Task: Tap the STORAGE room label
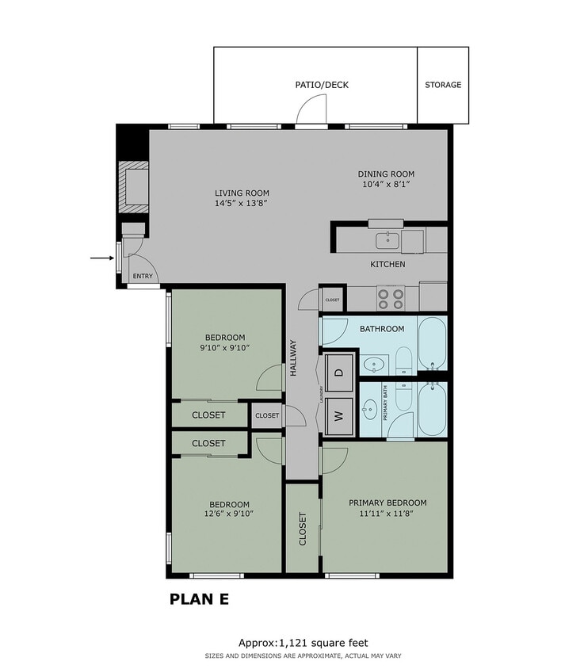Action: (x=443, y=85)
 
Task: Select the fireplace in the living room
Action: (x=132, y=187)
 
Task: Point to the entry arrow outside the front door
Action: (x=101, y=258)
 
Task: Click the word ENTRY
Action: (x=143, y=277)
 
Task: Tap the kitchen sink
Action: (x=387, y=239)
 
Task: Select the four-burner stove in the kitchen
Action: (x=390, y=297)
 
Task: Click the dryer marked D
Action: (x=338, y=373)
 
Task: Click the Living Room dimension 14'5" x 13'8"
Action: (x=242, y=204)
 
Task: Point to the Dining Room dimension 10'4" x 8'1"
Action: (x=386, y=185)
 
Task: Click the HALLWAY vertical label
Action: (x=293, y=357)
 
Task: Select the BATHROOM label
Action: (x=382, y=329)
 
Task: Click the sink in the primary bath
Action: (x=370, y=411)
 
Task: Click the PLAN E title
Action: (x=200, y=599)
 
